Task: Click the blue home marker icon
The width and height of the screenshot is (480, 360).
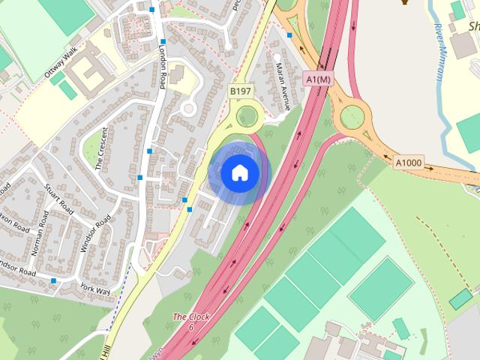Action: coord(239,173)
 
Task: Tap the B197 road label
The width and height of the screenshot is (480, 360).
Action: coord(240,91)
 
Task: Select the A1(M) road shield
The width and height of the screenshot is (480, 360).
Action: coord(318,79)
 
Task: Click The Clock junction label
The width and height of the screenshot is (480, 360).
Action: coord(191,317)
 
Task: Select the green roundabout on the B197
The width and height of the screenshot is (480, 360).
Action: coord(245,116)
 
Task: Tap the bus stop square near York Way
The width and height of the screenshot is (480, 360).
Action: coord(53,280)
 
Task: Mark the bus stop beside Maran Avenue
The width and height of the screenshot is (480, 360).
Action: coord(289,34)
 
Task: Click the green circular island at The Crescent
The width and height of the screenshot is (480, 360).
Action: coord(188,109)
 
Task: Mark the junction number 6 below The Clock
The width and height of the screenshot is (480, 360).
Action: coord(191,328)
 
